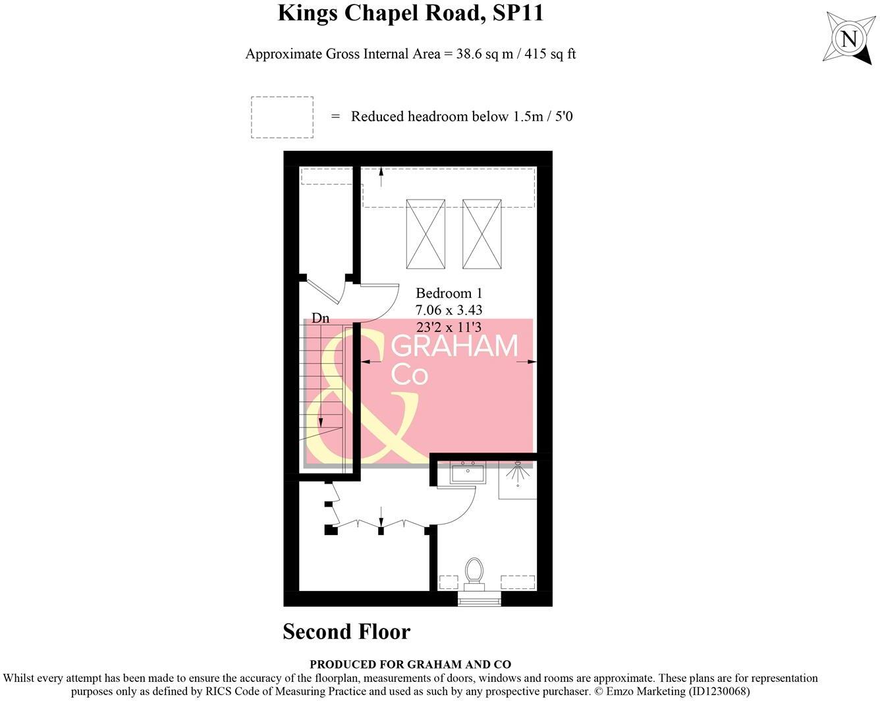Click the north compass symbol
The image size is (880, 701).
849,39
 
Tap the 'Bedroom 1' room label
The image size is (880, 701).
449,293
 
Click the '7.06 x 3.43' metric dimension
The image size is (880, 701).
449,310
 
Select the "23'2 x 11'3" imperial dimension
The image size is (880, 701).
449,327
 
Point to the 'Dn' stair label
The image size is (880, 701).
320,318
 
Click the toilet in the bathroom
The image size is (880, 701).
474,571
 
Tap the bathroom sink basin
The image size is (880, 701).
468,472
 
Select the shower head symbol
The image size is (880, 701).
518,465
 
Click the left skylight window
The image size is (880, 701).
426,234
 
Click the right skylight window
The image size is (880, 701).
482,234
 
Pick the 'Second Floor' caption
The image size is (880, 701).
346,632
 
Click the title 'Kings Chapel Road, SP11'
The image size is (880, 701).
410,13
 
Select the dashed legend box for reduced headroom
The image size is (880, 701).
282,117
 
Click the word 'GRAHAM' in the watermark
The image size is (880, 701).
454,347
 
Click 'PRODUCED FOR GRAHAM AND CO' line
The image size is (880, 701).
410,665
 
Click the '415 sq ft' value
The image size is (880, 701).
550,54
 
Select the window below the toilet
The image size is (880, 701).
479,599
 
